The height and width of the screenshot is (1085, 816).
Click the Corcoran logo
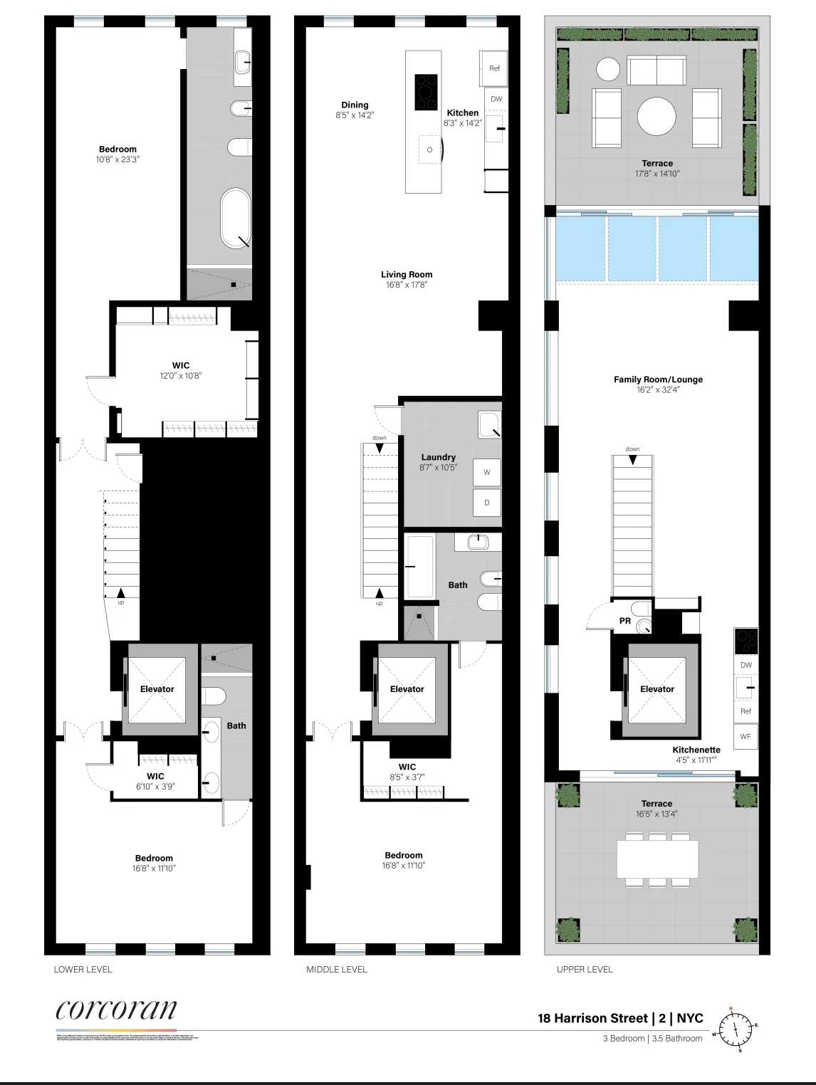(116, 1009)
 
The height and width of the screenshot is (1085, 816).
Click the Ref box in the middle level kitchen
(494, 68)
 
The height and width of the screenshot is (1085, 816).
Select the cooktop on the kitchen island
(426, 93)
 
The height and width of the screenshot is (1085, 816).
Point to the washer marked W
(487, 472)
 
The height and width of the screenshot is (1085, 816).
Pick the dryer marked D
(487, 503)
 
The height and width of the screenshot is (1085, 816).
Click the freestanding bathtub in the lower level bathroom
(235, 218)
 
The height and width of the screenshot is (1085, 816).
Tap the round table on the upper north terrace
(657, 116)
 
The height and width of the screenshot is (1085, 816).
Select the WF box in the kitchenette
(746, 737)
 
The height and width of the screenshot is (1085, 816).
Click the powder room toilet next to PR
(644, 625)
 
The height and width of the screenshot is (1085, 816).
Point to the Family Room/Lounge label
(658, 379)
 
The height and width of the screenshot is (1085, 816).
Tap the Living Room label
(407, 275)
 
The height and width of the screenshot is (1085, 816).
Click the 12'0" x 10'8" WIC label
(181, 370)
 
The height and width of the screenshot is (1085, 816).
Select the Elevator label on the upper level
(657, 689)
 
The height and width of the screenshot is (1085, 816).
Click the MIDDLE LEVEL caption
(337, 969)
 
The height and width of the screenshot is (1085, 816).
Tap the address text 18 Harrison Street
(592, 1018)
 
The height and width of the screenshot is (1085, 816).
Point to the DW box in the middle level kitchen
(496, 99)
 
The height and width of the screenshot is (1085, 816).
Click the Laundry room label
(438, 458)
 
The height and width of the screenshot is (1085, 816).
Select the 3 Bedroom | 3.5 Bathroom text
(652, 1038)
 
